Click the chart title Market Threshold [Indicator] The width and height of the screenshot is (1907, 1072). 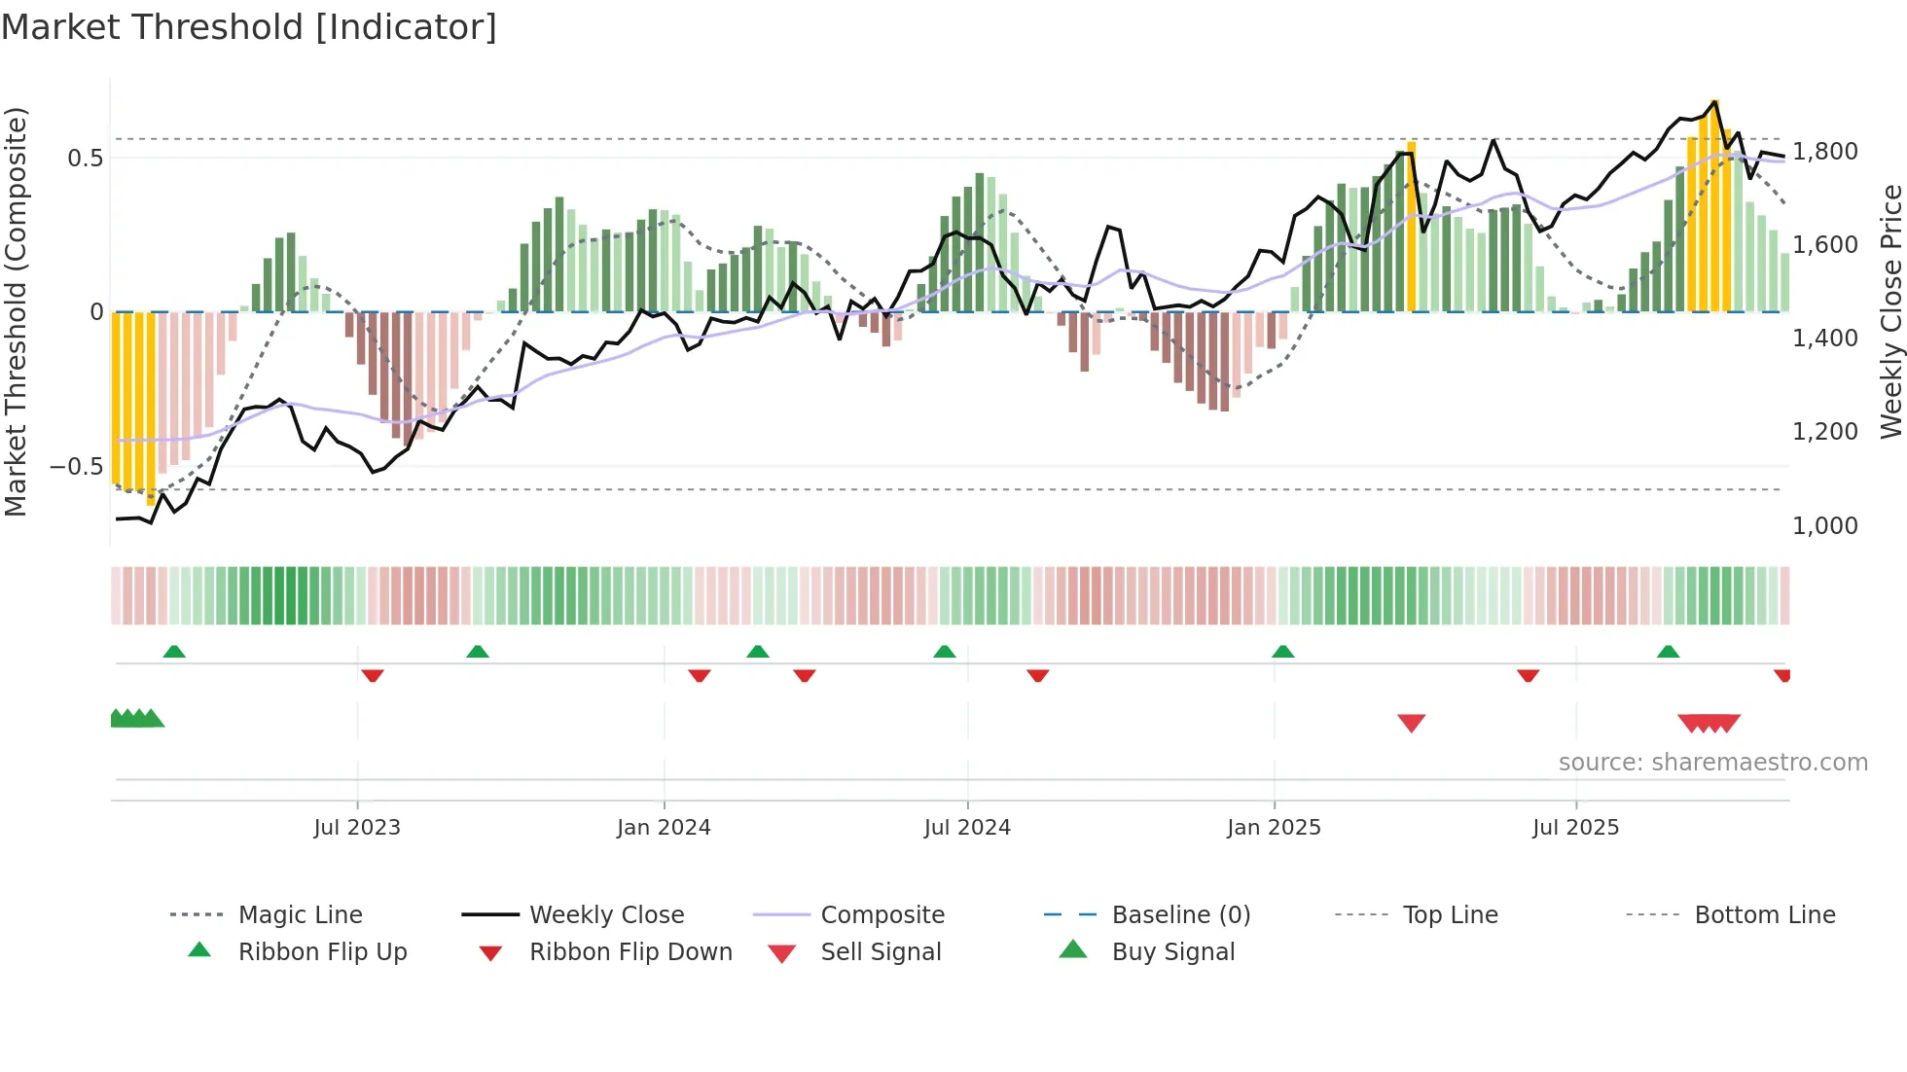[x=249, y=27]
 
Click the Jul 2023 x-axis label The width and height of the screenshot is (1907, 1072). [x=357, y=828]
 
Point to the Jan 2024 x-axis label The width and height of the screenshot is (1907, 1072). [x=664, y=828]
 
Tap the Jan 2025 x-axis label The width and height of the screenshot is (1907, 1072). [x=1274, y=828]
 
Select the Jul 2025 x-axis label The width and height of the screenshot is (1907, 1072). [x=1575, y=828]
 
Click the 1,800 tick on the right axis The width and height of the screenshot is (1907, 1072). [x=1824, y=152]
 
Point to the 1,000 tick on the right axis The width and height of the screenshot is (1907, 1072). [x=1824, y=526]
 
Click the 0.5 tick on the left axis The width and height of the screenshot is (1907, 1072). [x=85, y=158]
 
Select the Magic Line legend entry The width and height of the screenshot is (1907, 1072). [x=300, y=915]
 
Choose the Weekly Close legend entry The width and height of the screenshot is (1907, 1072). [x=606, y=915]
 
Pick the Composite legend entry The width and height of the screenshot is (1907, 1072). [x=882, y=915]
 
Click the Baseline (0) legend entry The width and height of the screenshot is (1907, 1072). [x=1180, y=915]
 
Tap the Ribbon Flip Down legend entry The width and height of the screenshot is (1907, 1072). [x=630, y=952]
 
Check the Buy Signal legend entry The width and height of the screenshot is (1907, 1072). [x=1172, y=952]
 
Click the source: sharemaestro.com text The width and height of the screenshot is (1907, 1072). [x=1712, y=763]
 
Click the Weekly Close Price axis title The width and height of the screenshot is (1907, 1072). [x=1890, y=311]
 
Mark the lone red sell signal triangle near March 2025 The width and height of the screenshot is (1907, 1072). [x=1411, y=723]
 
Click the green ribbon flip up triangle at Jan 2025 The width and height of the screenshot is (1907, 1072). [x=1282, y=652]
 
